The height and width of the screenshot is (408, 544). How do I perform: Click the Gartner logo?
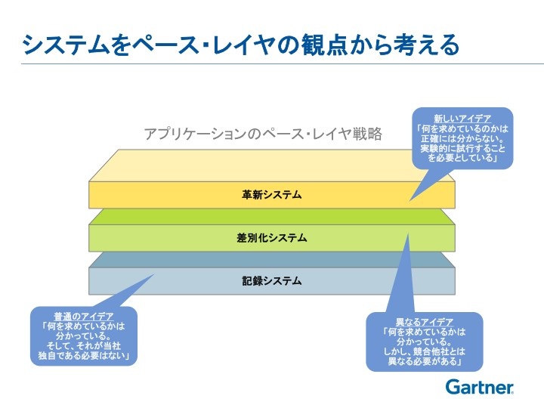480,387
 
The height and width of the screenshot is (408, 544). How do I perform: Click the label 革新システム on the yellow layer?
272,195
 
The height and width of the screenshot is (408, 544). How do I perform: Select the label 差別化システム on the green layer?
272,238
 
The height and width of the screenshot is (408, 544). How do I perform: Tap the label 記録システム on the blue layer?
272,280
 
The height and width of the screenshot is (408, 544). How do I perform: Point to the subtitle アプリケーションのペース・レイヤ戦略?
263,134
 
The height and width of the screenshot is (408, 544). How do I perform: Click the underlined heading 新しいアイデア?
462,119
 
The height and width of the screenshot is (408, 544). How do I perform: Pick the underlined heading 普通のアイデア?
84,317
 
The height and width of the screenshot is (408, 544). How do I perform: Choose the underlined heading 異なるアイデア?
425,322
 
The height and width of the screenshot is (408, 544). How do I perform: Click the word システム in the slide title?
66,45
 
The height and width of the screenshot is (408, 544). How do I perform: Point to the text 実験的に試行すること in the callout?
462,149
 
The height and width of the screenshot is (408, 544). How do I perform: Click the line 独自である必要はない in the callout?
84,356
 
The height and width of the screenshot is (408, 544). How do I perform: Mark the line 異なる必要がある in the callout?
425,361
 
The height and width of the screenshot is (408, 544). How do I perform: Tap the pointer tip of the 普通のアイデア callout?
154,274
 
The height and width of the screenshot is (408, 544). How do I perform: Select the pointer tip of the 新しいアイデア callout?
410,201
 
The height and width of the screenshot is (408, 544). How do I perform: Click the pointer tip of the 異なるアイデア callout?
408,233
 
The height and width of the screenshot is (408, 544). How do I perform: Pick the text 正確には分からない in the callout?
462,139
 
